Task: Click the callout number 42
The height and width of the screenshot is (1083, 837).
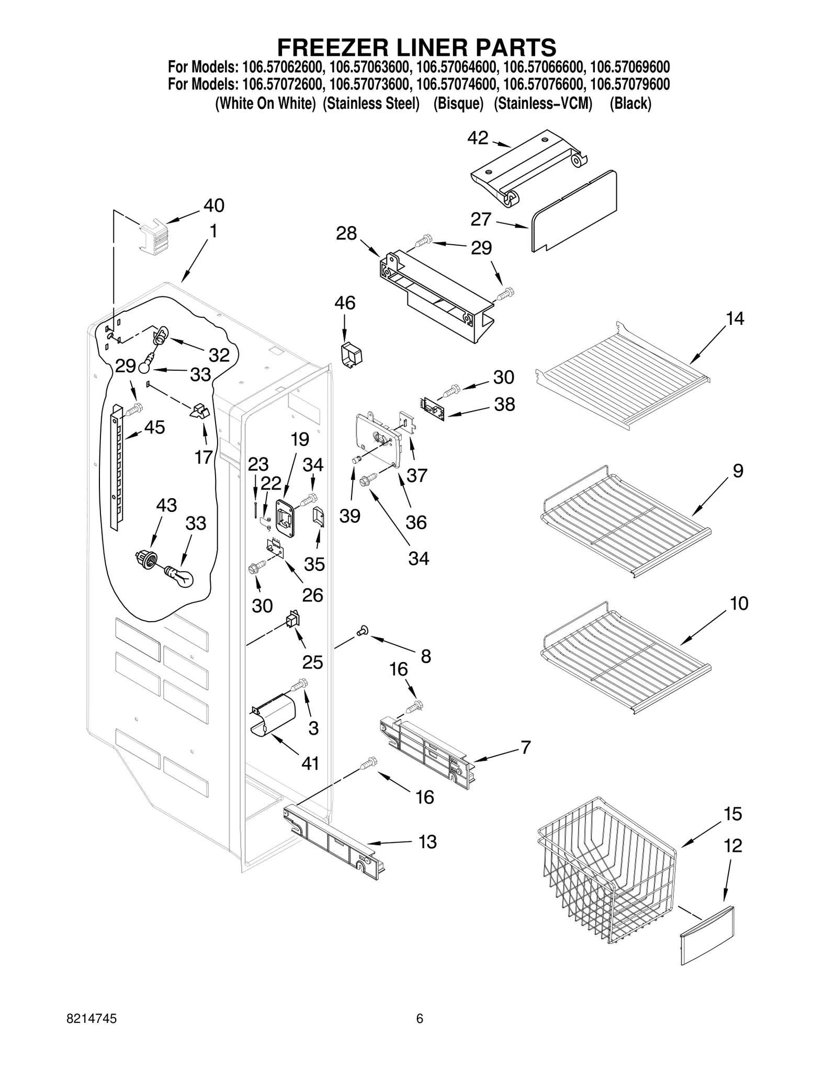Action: [478, 138]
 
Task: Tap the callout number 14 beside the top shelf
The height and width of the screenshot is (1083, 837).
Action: [734, 318]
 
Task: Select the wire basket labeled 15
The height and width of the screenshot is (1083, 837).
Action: [607, 871]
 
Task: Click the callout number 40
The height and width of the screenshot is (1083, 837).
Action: [213, 206]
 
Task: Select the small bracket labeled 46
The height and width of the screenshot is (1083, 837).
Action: [352, 356]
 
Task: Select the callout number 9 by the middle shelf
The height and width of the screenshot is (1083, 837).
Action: [737, 471]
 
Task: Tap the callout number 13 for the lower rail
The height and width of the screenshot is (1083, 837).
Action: [427, 842]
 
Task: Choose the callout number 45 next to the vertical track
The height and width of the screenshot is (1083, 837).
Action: [154, 427]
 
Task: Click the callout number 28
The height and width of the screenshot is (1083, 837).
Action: [346, 234]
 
